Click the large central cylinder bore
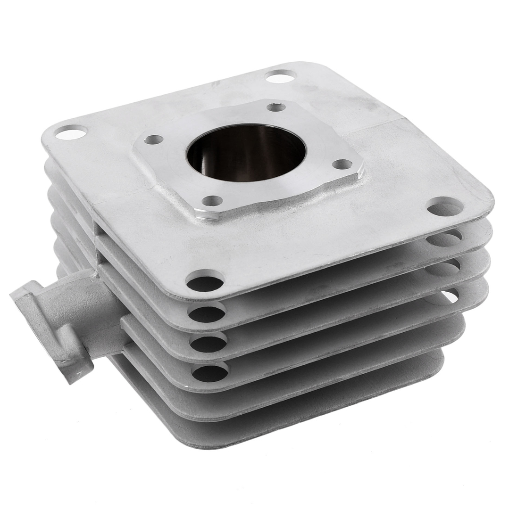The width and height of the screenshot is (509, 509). [x=246, y=152]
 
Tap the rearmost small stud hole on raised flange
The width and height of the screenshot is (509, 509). [x=276, y=107]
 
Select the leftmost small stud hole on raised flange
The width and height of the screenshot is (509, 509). [x=153, y=140]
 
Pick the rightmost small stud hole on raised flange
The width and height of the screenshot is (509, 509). [x=342, y=164]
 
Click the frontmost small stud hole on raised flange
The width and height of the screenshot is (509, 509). [x=212, y=201]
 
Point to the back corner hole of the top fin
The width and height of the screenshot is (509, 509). [x=280, y=76]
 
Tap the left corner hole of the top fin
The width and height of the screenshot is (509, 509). [x=71, y=132]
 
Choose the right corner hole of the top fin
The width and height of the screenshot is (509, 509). [x=445, y=207]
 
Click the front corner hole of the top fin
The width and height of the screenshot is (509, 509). [x=205, y=282]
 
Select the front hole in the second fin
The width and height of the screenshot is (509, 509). [x=207, y=313]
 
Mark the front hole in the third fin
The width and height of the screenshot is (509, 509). [x=208, y=344]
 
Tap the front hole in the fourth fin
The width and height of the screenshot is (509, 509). [x=210, y=373]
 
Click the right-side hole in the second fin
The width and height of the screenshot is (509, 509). [x=443, y=238]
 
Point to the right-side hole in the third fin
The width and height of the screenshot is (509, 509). [x=442, y=268]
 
